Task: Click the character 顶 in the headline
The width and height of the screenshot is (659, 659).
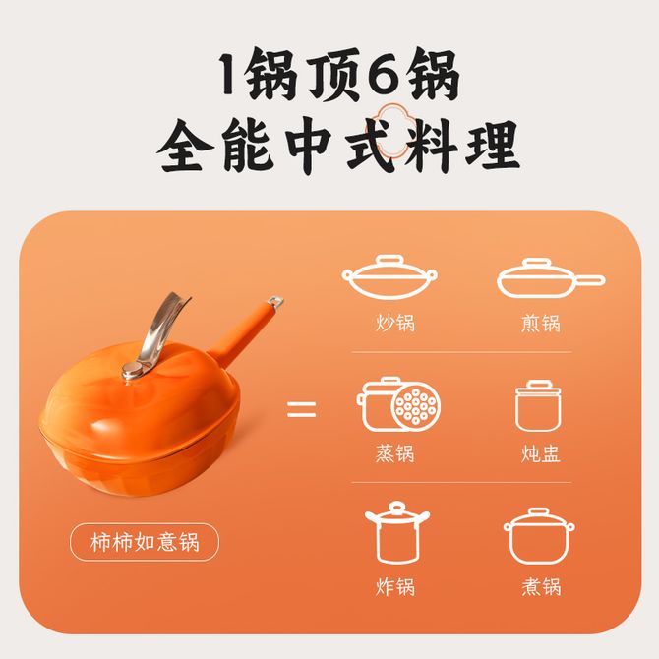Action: point(334,74)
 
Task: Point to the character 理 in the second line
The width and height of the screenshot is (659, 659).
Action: point(492,145)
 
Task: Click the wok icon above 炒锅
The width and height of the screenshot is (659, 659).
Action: point(389,276)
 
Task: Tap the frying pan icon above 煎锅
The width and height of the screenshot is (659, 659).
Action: point(551,277)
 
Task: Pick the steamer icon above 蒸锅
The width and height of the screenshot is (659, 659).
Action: point(398,404)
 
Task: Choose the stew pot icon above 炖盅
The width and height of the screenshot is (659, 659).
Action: point(538,405)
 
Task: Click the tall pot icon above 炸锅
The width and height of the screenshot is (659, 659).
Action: point(397,532)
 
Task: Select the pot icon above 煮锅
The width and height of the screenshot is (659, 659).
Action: point(539,536)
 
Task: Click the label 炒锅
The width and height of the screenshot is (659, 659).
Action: point(395,323)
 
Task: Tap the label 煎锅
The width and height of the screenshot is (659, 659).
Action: point(541,323)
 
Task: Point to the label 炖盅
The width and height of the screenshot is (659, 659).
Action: point(541,453)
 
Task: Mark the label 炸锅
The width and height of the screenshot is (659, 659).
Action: point(395,586)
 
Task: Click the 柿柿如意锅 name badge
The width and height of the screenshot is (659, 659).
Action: point(145,542)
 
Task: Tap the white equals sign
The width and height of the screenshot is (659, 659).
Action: point(301,409)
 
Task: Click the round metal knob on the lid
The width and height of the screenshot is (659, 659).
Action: point(133,372)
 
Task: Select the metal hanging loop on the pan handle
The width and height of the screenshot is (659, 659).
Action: point(274,301)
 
